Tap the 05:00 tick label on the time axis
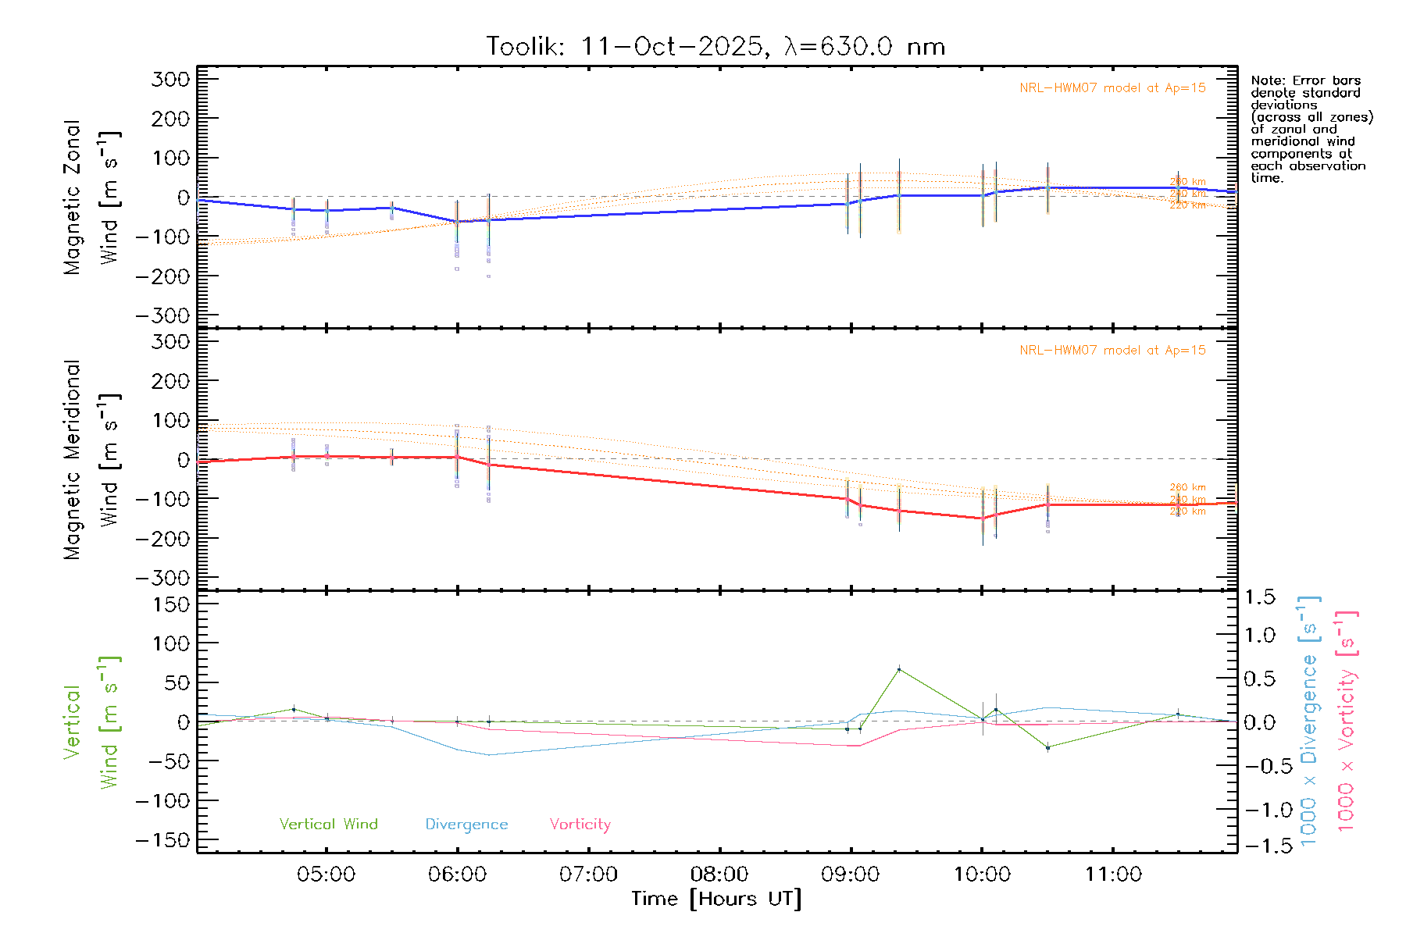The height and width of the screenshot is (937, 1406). pyautogui.click(x=326, y=875)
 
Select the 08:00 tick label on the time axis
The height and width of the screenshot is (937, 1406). pyautogui.click(x=719, y=875)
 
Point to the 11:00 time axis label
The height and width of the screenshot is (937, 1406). pyautogui.click(x=1113, y=875)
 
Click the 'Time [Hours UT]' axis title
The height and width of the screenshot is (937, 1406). pyautogui.click(x=716, y=899)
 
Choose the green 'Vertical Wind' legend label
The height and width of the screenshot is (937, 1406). pyautogui.click(x=328, y=825)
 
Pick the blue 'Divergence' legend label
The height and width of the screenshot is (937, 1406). pyautogui.click(x=466, y=825)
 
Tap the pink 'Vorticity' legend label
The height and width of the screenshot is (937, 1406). pyautogui.click(x=580, y=825)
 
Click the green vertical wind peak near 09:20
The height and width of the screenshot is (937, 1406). pyautogui.click(x=899, y=669)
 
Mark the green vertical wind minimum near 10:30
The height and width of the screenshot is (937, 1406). pyautogui.click(x=1047, y=748)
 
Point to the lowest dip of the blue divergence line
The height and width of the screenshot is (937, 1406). pyautogui.click(x=489, y=755)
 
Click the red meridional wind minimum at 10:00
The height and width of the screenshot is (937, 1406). pyautogui.click(x=983, y=518)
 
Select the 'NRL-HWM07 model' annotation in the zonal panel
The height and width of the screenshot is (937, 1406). pyautogui.click(x=1112, y=88)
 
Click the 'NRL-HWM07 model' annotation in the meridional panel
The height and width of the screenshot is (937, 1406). pyautogui.click(x=1112, y=351)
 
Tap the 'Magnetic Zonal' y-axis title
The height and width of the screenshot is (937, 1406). pyautogui.click(x=73, y=198)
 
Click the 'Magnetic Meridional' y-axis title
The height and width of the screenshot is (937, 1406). pyautogui.click(x=73, y=460)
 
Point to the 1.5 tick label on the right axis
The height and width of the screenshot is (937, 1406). pyautogui.click(x=1259, y=597)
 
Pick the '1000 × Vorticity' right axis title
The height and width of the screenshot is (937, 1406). pyautogui.click(x=1347, y=722)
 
